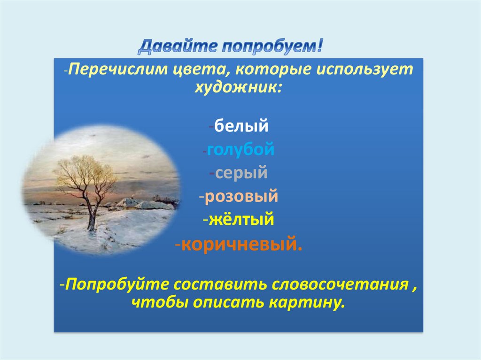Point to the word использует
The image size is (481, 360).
point(365,69)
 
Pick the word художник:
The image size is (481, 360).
point(238,87)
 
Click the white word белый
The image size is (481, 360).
point(241,126)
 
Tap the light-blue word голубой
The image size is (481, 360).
point(240,149)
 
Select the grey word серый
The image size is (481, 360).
point(241,173)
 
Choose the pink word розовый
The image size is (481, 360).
point(241,196)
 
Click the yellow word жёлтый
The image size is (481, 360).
point(241,219)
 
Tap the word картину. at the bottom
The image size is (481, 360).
point(306,303)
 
